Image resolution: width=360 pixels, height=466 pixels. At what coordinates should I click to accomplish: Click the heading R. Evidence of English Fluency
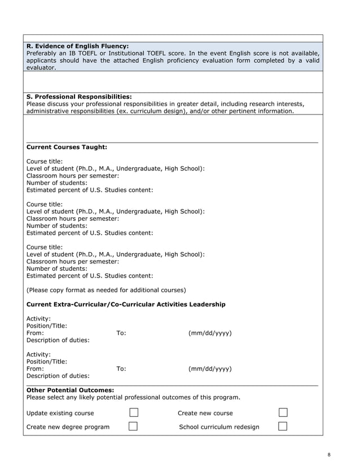point(77,46)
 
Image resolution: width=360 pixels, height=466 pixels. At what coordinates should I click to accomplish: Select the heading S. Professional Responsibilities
point(79,96)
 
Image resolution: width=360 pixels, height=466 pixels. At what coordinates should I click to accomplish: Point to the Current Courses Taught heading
point(67,147)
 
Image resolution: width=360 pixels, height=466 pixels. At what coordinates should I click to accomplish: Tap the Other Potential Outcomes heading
point(70,390)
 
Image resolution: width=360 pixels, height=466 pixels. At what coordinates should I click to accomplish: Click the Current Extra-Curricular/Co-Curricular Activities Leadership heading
point(126,305)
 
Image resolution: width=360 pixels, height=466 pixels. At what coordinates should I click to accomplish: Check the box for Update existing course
point(133,412)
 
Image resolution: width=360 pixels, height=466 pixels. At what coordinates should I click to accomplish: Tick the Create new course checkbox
point(283,412)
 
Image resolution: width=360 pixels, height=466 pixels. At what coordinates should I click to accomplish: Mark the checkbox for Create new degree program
point(133,426)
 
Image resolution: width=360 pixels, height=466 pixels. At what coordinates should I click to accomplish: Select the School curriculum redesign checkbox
point(283,426)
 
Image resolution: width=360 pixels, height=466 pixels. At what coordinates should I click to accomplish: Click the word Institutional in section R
point(130,53)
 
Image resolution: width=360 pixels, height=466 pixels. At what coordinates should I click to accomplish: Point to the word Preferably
point(44,53)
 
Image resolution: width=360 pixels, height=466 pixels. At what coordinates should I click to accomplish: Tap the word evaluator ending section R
point(41,68)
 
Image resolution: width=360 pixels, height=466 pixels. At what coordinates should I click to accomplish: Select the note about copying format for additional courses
point(106,290)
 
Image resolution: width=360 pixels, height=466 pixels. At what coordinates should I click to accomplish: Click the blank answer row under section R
point(174,82)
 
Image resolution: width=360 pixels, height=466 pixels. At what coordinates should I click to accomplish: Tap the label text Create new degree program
point(68,427)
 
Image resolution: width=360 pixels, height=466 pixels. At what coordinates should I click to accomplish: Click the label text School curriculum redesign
point(219,427)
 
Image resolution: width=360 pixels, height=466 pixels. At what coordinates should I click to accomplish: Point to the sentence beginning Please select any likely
point(133,397)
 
